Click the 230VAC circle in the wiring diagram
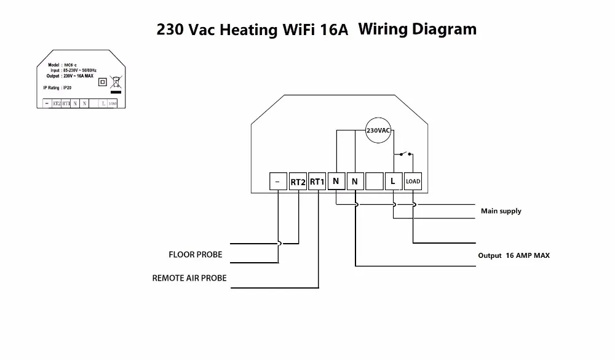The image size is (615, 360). (378, 130)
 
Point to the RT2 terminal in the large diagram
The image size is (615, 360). (298, 182)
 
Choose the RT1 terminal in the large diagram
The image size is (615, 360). (317, 182)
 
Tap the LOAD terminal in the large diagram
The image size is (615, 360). (413, 181)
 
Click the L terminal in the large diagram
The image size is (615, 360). (394, 181)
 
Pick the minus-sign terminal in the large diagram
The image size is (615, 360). (279, 182)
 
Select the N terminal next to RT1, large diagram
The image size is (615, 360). (336, 181)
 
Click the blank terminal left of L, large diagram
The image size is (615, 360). (375, 181)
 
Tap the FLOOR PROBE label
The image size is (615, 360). (196, 254)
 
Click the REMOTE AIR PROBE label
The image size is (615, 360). (189, 278)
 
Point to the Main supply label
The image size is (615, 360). (501, 211)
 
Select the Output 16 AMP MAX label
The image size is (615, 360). (514, 255)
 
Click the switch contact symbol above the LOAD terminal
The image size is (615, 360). (404, 152)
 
